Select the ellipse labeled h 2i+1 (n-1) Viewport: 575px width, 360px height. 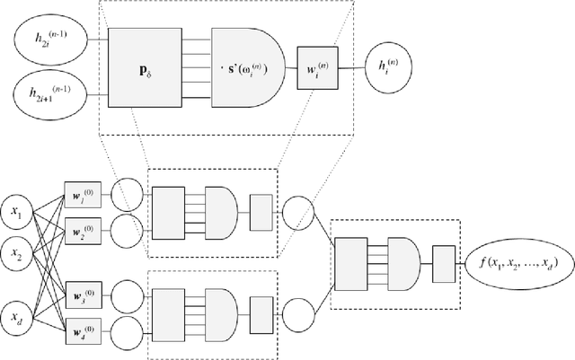click(x=53, y=94)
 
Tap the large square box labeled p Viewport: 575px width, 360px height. click(x=146, y=66)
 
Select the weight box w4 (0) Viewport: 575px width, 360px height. click(x=82, y=323)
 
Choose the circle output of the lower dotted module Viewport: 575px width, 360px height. click(x=296, y=311)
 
